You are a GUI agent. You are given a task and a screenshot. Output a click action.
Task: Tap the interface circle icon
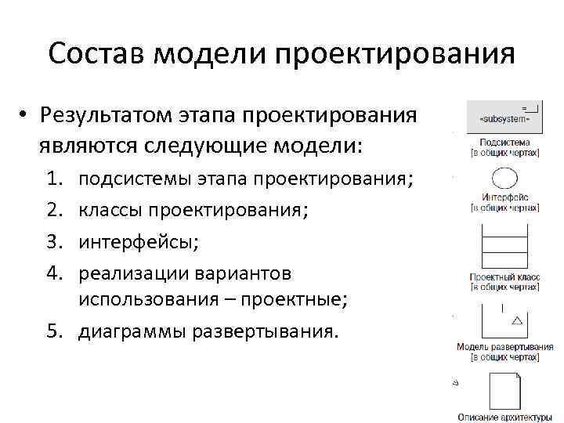click(504, 179)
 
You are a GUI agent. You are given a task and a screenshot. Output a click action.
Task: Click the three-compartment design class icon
click(504, 248)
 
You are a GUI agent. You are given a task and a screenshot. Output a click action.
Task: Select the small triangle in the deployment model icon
click(516, 320)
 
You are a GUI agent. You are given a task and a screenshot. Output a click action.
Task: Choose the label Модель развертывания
click(505, 346)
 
